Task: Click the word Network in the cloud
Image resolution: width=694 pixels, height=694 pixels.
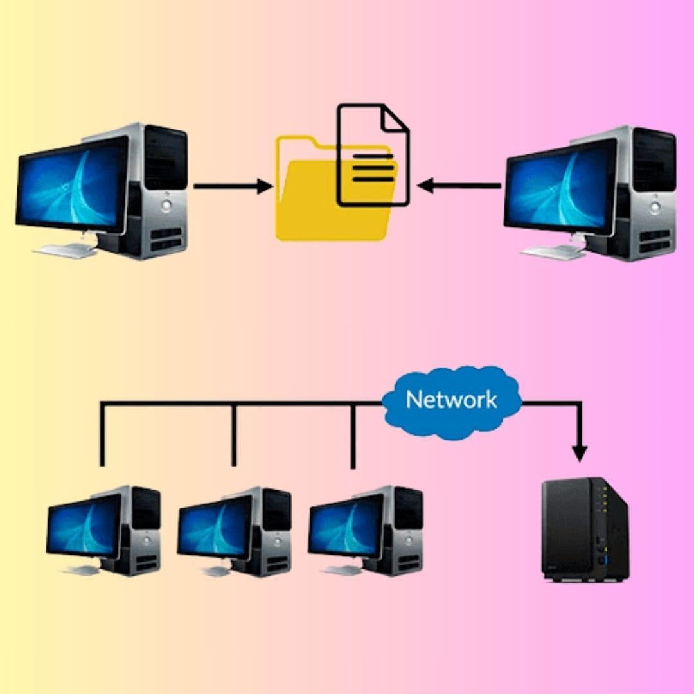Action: (x=451, y=400)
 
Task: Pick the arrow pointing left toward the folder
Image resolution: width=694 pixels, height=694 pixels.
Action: (x=459, y=186)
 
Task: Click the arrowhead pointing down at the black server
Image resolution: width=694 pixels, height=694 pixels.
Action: (x=580, y=452)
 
